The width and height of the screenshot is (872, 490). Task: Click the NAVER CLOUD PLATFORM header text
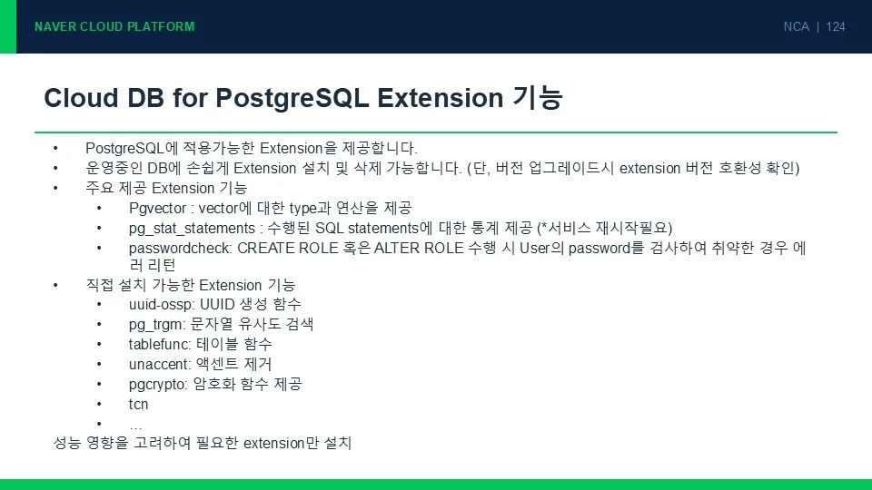click(114, 26)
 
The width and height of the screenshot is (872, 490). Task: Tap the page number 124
click(836, 26)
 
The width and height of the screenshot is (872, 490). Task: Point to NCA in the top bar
click(796, 26)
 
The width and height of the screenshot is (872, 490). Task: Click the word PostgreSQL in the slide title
click(292, 98)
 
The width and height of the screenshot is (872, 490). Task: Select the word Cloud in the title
click(81, 98)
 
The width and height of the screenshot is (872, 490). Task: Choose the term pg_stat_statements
click(192, 229)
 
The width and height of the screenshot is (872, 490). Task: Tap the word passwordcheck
click(179, 248)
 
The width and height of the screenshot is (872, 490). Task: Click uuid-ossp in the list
click(161, 305)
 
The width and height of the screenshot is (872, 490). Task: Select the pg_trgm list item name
click(155, 325)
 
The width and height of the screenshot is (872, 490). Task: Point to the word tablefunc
click(159, 345)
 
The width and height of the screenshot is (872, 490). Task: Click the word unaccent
click(159, 365)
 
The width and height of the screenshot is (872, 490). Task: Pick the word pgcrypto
click(157, 385)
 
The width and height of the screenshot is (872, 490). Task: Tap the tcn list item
click(138, 405)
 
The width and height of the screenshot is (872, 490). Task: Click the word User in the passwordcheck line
click(534, 248)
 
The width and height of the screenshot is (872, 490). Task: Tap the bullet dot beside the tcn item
click(99, 405)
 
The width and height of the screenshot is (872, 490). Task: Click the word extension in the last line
click(273, 444)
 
